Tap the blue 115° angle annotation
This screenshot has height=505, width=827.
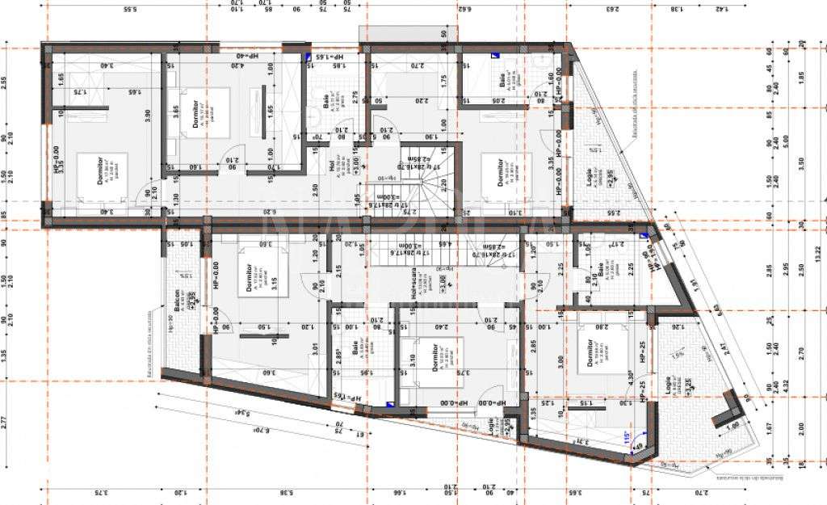[626, 436]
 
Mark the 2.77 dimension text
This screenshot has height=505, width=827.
[5, 421]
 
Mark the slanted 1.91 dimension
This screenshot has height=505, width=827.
[692, 284]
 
